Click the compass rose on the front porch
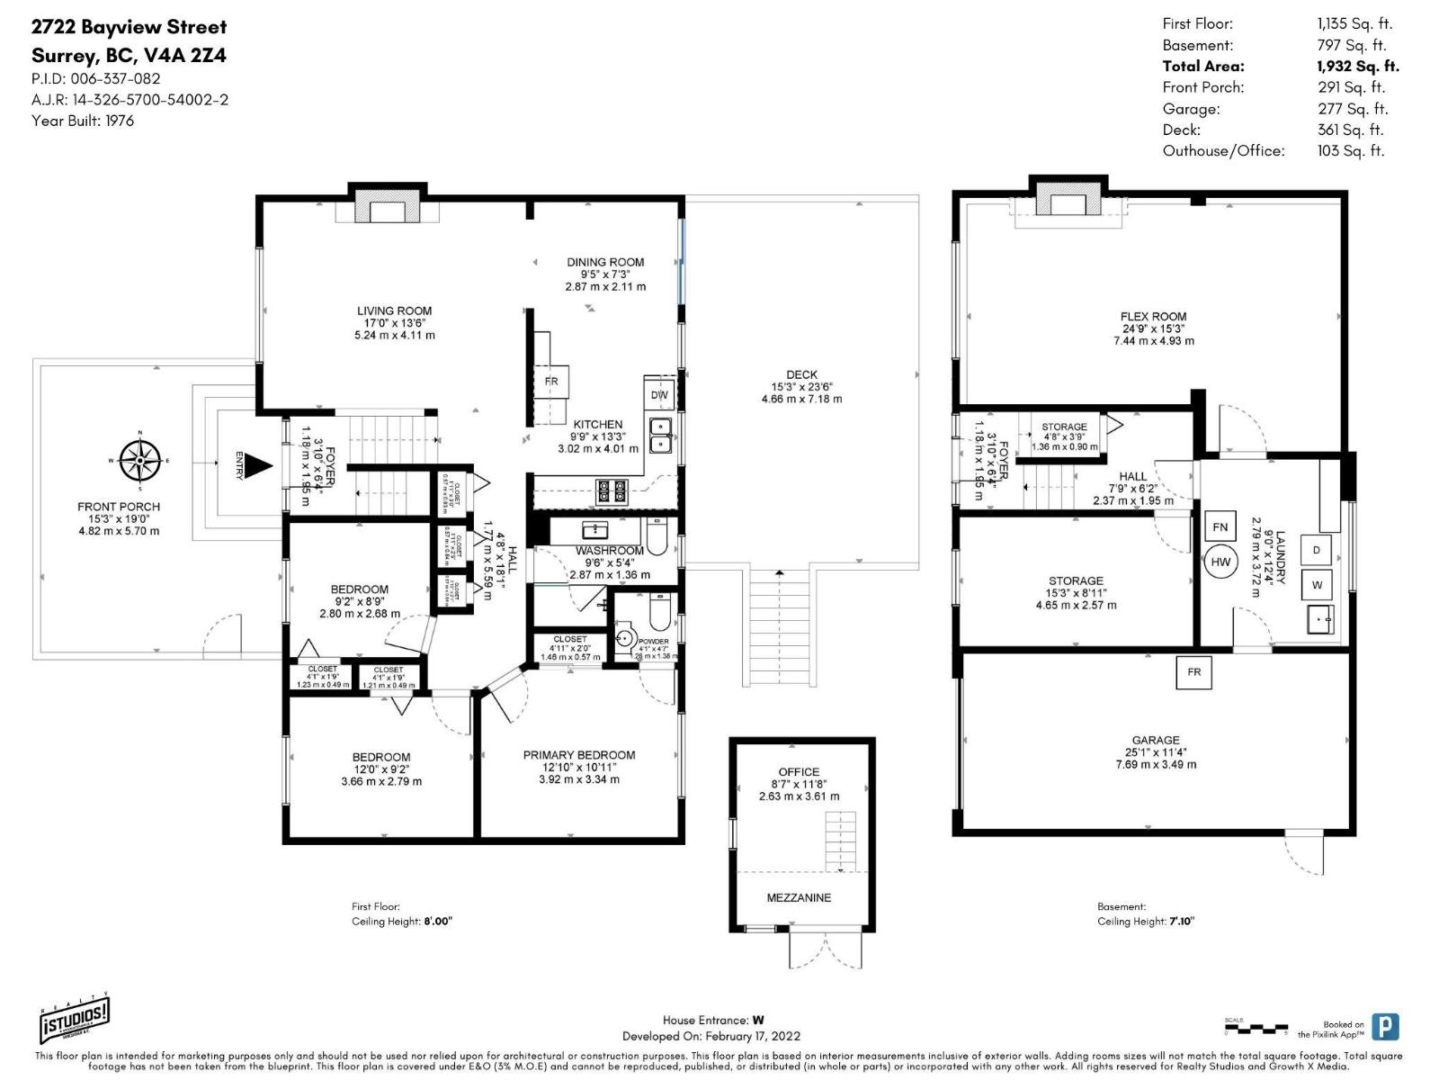pos(140,460)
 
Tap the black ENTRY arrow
pos(259,465)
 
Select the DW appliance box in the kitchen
pos(659,394)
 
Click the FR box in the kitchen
pos(550,381)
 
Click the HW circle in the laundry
pos(1220,562)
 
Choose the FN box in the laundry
pos(1220,526)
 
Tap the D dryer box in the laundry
pos(1317,550)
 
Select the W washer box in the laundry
pos(1317,585)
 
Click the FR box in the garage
pos(1193,671)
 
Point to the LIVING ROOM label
pos(394,310)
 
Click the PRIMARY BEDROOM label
pos(578,755)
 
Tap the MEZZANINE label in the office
pos(799,897)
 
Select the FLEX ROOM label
pos(1153,316)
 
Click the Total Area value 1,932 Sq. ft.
pos(1357,66)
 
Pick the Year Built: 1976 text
pos(83,121)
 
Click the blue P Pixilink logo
pos(1385,1027)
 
